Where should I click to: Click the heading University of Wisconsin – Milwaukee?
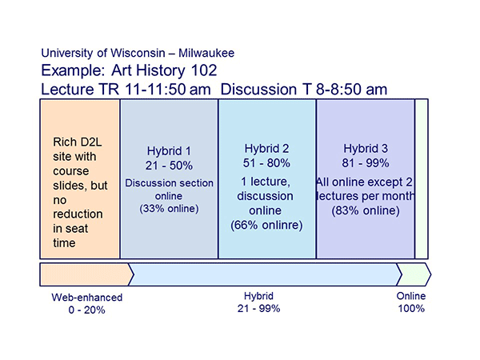[137, 53]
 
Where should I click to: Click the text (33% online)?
[169, 209]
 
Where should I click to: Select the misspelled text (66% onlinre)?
[266, 225]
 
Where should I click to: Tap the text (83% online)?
[366, 210]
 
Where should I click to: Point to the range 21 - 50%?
[169, 166]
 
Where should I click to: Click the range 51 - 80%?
[266, 163]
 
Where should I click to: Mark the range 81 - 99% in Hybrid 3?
[366, 163]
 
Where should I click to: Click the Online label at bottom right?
[411, 295]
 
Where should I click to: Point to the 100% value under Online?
[411, 308]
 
